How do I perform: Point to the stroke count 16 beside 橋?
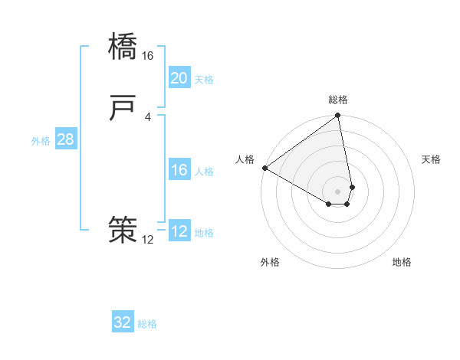(148, 56)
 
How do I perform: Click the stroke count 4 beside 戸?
(148, 116)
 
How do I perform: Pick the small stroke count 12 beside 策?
(148, 240)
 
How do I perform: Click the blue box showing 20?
(179, 78)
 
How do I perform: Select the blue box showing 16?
(179, 170)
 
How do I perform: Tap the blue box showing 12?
(179, 231)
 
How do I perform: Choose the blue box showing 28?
(65, 139)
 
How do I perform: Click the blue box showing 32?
(123, 322)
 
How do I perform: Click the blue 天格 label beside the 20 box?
(204, 80)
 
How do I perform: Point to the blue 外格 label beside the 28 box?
(41, 141)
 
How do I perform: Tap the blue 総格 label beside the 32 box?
(148, 324)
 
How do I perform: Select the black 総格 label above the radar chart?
(338, 100)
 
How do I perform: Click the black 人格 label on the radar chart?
(245, 159)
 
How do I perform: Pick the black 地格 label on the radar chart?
(402, 263)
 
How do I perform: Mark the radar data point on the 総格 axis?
(338, 116)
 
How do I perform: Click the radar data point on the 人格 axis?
(264, 168)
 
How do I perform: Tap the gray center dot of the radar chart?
(338, 191)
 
